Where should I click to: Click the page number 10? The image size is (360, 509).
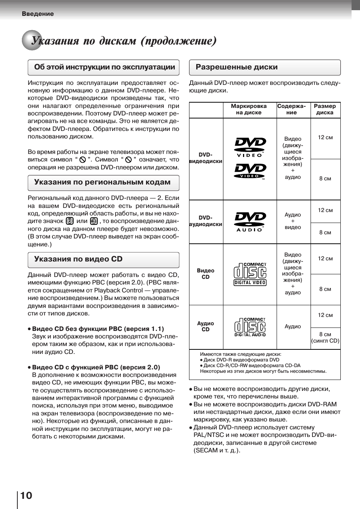(26, 495)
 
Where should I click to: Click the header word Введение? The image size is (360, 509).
(38, 14)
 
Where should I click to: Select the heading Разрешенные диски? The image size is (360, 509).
(237, 67)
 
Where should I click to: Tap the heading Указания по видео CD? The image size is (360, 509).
(78, 259)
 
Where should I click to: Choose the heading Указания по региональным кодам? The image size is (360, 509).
(102, 182)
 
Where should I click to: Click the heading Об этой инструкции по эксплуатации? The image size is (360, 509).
(105, 67)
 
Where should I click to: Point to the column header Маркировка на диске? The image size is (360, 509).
(249, 109)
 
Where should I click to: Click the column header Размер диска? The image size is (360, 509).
(325, 109)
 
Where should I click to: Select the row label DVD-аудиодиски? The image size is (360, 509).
(206, 221)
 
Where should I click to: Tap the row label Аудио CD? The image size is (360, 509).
(206, 326)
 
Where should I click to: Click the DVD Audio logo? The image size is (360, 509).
(250, 222)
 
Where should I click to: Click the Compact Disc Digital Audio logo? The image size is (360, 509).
(250, 327)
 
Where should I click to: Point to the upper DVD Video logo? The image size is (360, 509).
(250, 147)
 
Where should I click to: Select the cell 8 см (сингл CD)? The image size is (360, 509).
(325, 338)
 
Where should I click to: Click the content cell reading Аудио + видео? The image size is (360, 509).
(293, 221)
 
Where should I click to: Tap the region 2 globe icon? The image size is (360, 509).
(69, 221)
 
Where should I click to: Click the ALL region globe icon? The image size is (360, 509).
(94, 221)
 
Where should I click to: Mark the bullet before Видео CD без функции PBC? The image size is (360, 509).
(29, 329)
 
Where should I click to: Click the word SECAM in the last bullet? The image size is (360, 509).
(205, 451)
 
